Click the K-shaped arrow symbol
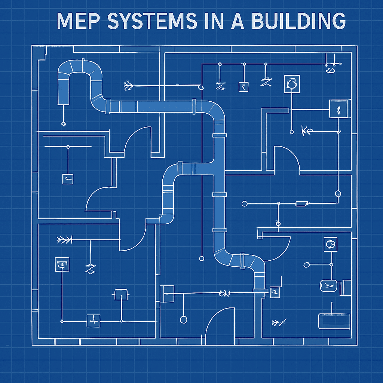(x=306, y=131)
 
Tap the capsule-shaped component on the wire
(x=302, y=204)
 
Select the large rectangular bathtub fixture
(x=334, y=321)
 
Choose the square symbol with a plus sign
(x=93, y=321)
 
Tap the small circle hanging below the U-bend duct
(x=64, y=123)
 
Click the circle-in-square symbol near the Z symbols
(x=292, y=83)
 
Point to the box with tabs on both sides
(x=121, y=295)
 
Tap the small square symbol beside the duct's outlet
(x=275, y=291)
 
